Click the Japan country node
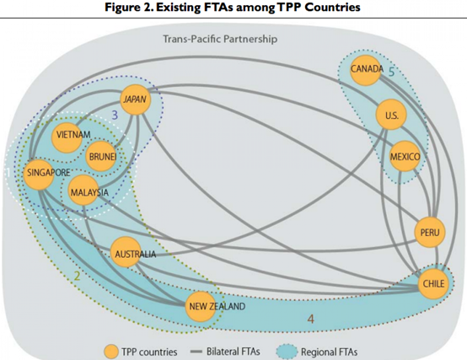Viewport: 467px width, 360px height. [136, 99]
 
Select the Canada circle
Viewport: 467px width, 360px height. [365, 70]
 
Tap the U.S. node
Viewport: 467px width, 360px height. [391, 115]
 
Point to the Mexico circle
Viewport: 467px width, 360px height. [405, 156]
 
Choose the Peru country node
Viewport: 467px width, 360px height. [430, 232]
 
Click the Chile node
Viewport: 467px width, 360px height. [433, 283]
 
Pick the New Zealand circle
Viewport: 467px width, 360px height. [201, 306]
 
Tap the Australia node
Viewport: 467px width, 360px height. [126, 252]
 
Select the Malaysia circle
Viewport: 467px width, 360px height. [83, 190]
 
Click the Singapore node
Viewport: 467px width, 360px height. [39, 175]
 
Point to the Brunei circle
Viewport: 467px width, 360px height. [100, 156]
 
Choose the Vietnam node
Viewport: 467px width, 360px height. [67, 137]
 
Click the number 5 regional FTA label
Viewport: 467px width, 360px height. [391, 72]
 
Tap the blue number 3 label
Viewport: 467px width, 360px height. [115, 115]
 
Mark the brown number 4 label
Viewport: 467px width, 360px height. [311, 320]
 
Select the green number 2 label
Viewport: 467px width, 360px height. [77, 277]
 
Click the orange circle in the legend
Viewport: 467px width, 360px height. [111, 352]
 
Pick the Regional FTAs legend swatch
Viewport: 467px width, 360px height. [287, 352]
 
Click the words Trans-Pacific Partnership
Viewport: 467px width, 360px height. [220, 39]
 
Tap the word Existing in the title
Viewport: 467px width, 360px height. [179, 7]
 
